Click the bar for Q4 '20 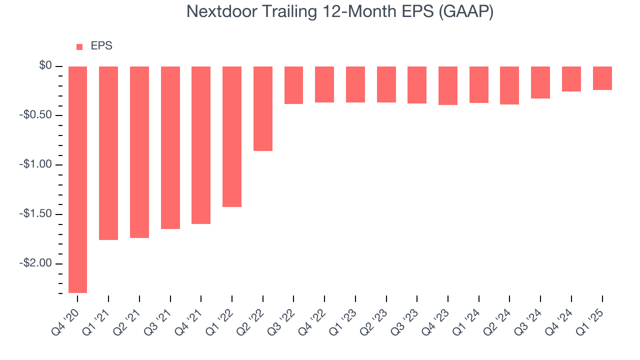[x=77, y=179]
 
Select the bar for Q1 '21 [x=108, y=153]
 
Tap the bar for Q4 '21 [x=201, y=145]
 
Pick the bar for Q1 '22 [x=232, y=136]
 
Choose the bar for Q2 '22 [x=263, y=108]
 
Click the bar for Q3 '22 [x=293, y=85]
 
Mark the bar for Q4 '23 [x=448, y=85]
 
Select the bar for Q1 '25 [x=602, y=78]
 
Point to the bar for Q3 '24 [x=540, y=82]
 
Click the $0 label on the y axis [x=46, y=66]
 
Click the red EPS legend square [x=79, y=47]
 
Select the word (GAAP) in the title [x=466, y=11]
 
